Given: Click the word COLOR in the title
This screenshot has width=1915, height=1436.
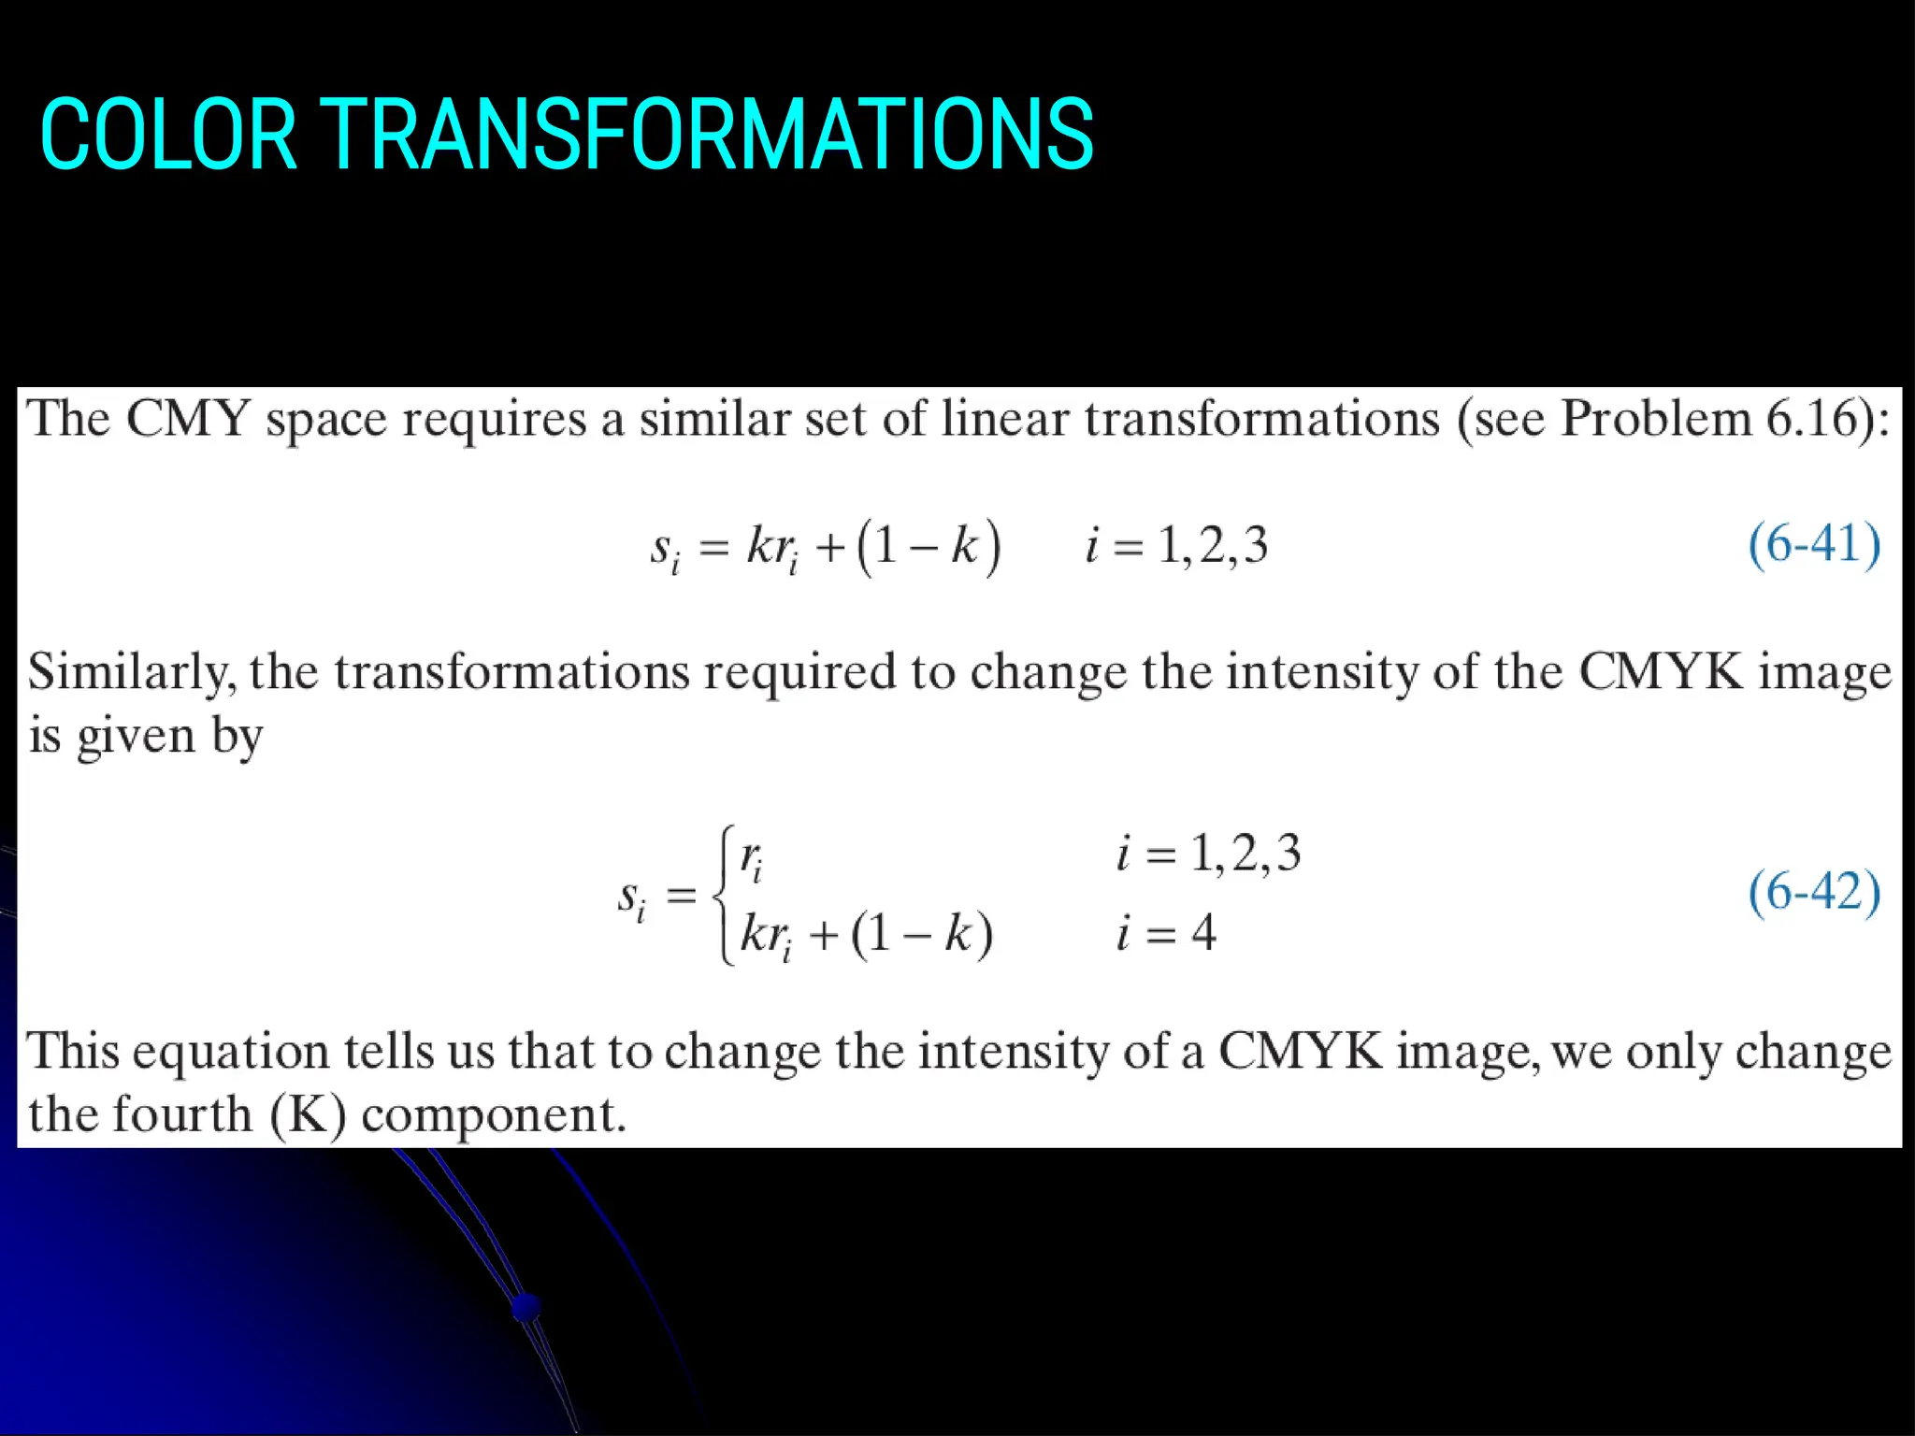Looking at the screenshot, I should [168, 136].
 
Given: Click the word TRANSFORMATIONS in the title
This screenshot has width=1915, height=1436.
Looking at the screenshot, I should [708, 136].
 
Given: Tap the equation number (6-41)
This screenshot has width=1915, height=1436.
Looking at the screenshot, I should [1813, 545].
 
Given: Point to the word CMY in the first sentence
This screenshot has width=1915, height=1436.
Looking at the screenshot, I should [187, 418].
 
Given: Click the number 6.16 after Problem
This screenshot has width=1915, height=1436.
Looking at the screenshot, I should [1811, 418].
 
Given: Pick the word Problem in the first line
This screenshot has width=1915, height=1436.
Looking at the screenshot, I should [1655, 418].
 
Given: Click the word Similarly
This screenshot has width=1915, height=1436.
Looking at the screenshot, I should [131, 673].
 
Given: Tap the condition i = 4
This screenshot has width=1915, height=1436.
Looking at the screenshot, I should [1165, 933].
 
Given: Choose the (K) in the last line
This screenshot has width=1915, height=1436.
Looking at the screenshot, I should [308, 1114].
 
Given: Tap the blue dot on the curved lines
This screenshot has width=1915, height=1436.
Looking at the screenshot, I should [526, 1306].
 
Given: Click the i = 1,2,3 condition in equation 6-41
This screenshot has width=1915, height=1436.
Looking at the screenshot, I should [1176, 545].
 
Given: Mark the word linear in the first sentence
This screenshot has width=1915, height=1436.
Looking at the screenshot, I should [1003, 418].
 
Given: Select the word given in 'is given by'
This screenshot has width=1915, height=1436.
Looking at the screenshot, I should [136, 737].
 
